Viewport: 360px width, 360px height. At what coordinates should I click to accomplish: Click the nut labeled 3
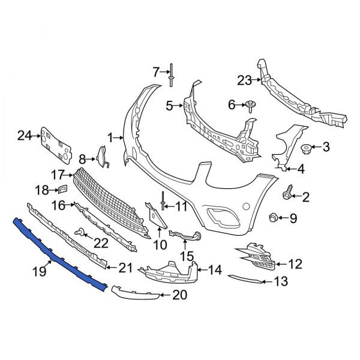tap(306, 148)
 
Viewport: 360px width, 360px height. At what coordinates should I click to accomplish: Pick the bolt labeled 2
tap(287, 195)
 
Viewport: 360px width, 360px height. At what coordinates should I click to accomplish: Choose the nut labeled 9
tap(273, 217)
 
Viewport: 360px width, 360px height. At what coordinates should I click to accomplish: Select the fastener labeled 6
tap(250, 106)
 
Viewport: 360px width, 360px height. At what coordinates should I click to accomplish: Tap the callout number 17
tap(58, 175)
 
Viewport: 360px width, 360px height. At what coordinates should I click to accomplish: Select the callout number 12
tap(295, 263)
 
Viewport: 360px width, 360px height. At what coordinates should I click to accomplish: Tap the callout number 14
tap(214, 270)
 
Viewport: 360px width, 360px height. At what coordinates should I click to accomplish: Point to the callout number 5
tap(170, 106)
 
